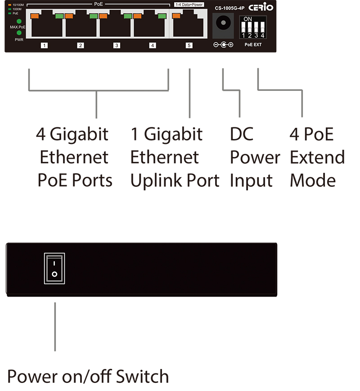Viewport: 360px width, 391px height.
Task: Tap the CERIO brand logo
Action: click(261, 7)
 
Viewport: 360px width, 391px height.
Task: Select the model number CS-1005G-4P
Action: click(229, 8)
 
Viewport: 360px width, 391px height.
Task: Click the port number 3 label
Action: click(117, 45)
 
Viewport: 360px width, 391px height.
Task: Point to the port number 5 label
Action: click(189, 45)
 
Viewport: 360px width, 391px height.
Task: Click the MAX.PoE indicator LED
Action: click(19, 22)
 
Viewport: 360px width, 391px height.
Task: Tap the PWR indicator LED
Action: click(19, 33)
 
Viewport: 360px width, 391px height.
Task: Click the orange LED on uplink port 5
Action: click(176, 16)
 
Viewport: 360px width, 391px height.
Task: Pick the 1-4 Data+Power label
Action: click(189, 4)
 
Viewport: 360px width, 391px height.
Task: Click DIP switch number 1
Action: click(243, 27)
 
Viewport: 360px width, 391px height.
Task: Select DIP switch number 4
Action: click(262, 27)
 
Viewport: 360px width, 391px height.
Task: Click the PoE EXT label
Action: click(253, 45)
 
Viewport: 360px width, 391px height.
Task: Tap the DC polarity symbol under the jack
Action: click(223, 45)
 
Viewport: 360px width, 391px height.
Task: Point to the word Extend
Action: click(317, 157)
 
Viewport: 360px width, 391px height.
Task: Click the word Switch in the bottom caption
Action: click(143, 376)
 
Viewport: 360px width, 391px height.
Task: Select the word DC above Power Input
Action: click(242, 134)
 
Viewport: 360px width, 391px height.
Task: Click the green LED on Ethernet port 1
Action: click(59, 16)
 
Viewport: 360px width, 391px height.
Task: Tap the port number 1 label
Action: click(44, 45)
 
